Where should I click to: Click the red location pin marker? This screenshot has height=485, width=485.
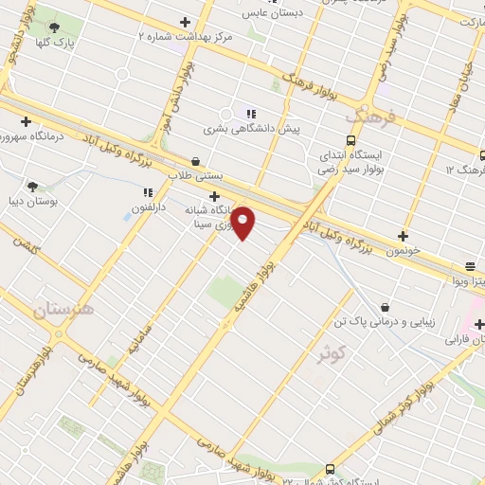coord(243,223)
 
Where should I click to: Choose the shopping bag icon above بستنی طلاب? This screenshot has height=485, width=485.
coord(195,161)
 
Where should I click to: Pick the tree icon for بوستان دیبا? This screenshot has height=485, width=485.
coord(33,187)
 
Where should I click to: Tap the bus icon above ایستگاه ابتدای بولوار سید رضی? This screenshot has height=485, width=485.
coord(351,140)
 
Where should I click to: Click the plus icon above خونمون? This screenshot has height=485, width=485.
coord(404,236)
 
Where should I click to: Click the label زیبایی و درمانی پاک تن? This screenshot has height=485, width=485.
coord(390,322)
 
